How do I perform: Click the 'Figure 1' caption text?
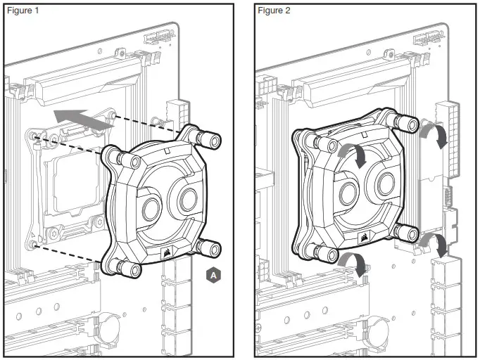[x=23, y=11]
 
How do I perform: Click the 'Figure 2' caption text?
[x=274, y=11]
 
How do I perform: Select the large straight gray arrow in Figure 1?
[x=82, y=117]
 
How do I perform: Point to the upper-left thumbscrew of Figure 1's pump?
[x=115, y=155]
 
